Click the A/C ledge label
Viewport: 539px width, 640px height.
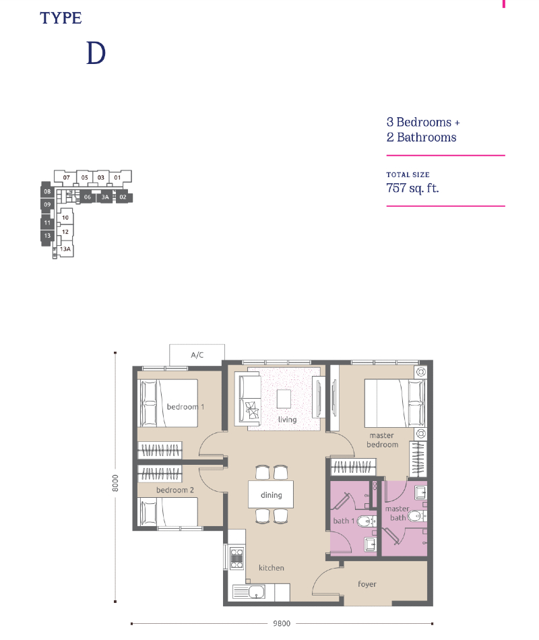tap(197, 355)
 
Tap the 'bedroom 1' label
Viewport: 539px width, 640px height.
tap(185, 406)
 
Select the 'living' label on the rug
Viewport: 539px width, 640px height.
tap(287, 419)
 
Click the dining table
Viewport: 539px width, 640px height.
tap(271, 494)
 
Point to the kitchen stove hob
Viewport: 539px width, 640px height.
tap(237, 558)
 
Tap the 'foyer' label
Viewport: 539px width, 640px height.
tap(367, 584)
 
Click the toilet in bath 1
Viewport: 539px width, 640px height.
tap(365, 521)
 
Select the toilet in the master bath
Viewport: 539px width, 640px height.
tap(416, 516)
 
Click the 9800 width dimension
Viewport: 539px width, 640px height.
tap(282, 623)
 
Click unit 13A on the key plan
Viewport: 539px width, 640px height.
tap(65, 249)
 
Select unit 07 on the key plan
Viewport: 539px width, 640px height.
tap(66, 178)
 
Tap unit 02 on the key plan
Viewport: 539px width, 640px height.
tap(123, 197)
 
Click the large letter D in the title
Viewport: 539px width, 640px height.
tap(96, 53)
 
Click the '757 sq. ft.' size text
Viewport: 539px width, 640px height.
tap(412, 188)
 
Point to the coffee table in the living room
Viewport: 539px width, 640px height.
tap(284, 399)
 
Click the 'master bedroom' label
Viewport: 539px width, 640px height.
tap(382, 440)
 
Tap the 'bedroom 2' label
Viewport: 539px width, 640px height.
tap(175, 490)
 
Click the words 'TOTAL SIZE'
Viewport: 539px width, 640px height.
tap(408, 174)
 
